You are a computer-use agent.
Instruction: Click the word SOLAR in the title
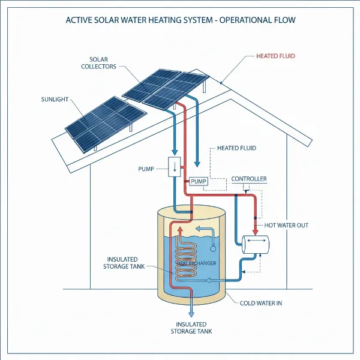(x=112, y=20)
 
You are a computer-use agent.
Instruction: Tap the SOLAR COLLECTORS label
(x=98, y=63)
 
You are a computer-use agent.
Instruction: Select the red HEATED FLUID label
(x=275, y=56)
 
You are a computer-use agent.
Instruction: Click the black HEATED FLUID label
(x=236, y=148)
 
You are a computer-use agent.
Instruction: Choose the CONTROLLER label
(x=249, y=179)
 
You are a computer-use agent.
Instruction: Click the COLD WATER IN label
(x=261, y=303)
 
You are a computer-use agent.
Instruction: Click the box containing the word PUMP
(x=198, y=181)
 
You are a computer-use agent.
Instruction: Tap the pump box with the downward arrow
(x=175, y=166)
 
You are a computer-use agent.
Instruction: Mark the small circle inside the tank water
(x=213, y=246)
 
